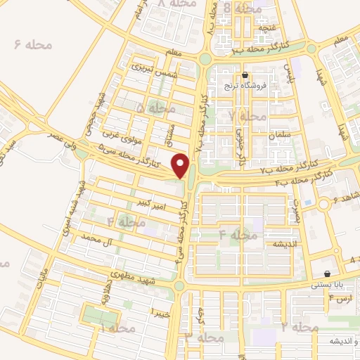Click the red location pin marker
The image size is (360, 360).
181,166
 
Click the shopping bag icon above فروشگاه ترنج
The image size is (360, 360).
245,75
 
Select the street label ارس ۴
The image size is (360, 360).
340,300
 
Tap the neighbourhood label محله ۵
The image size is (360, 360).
155,108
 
